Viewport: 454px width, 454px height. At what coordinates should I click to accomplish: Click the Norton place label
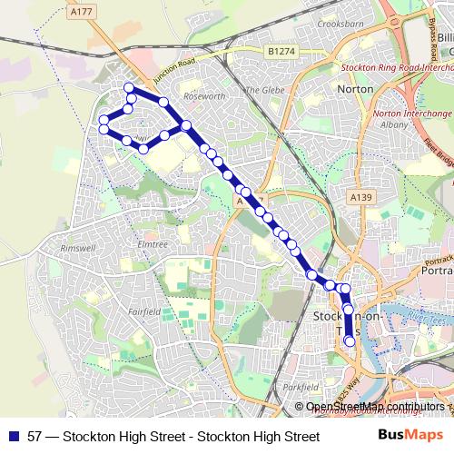pos(355,89)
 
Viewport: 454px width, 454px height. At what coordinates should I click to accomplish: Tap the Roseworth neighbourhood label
pos(203,94)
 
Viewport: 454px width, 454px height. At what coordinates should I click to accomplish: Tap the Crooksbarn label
pos(341,48)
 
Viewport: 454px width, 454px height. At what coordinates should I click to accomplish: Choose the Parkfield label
pos(301,387)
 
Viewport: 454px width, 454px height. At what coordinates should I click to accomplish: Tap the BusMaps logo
pos(405,436)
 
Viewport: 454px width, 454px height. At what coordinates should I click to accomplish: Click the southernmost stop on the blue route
pos(350,341)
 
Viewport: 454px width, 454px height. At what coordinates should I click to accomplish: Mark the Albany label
pos(394,124)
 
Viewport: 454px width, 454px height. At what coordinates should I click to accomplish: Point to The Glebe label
pos(265,90)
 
